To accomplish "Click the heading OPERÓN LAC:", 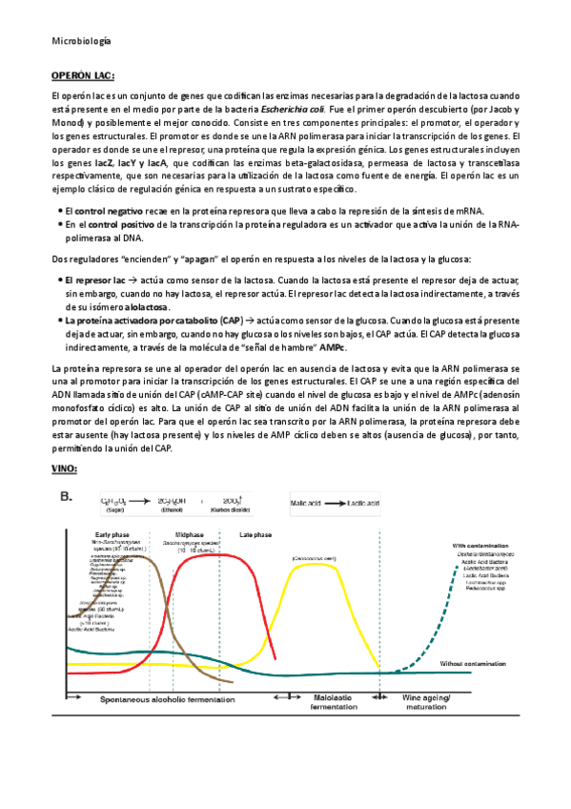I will coord(82,75).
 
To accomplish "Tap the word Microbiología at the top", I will coord(80,41).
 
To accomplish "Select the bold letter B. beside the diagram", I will coord(68,496).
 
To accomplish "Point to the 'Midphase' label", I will coord(192,535).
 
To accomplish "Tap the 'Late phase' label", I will coord(256,535).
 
